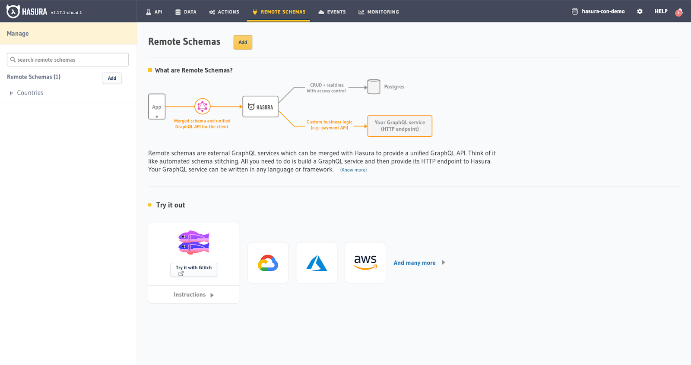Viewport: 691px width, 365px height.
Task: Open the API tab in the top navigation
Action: click(x=154, y=12)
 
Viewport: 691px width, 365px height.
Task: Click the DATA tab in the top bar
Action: click(x=186, y=12)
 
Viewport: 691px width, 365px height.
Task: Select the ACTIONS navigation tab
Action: click(x=224, y=12)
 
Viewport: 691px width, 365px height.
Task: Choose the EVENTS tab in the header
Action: click(x=332, y=12)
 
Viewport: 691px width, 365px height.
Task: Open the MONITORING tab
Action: click(x=379, y=12)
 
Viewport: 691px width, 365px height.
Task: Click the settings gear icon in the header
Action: click(x=640, y=12)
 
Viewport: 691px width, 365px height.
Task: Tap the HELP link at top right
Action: click(x=661, y=12)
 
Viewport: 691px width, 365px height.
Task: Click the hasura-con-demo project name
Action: click(x=603, y=12)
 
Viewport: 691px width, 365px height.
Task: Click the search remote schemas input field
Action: click(x=68, y=60)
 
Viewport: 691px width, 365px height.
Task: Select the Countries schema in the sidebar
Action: click(x=30, y=93)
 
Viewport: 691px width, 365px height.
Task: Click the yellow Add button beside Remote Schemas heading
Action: click(x=243, y=42)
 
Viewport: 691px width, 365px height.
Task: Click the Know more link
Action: click(x=353, y=170)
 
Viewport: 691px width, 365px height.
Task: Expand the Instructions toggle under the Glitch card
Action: click(x=193, y=295)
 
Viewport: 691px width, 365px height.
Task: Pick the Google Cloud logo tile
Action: click(x=268, y=263)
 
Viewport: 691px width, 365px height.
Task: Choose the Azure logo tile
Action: click(x=317, y=263)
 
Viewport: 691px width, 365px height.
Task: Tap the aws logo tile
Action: click(x=365, y=263)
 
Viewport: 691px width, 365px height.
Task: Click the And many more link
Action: click(x=415, y=263)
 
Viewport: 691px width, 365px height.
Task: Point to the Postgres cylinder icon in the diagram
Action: click(x=374, y=87)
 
